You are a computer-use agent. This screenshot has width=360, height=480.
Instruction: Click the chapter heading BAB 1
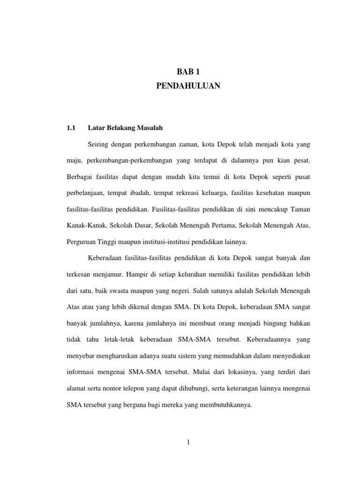coord(187,72)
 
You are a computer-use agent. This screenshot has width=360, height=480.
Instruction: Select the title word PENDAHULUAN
coord(187,86)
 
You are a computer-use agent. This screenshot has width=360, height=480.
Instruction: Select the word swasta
coord(120,291)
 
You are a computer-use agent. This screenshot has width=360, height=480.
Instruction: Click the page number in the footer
coord(187,442)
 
